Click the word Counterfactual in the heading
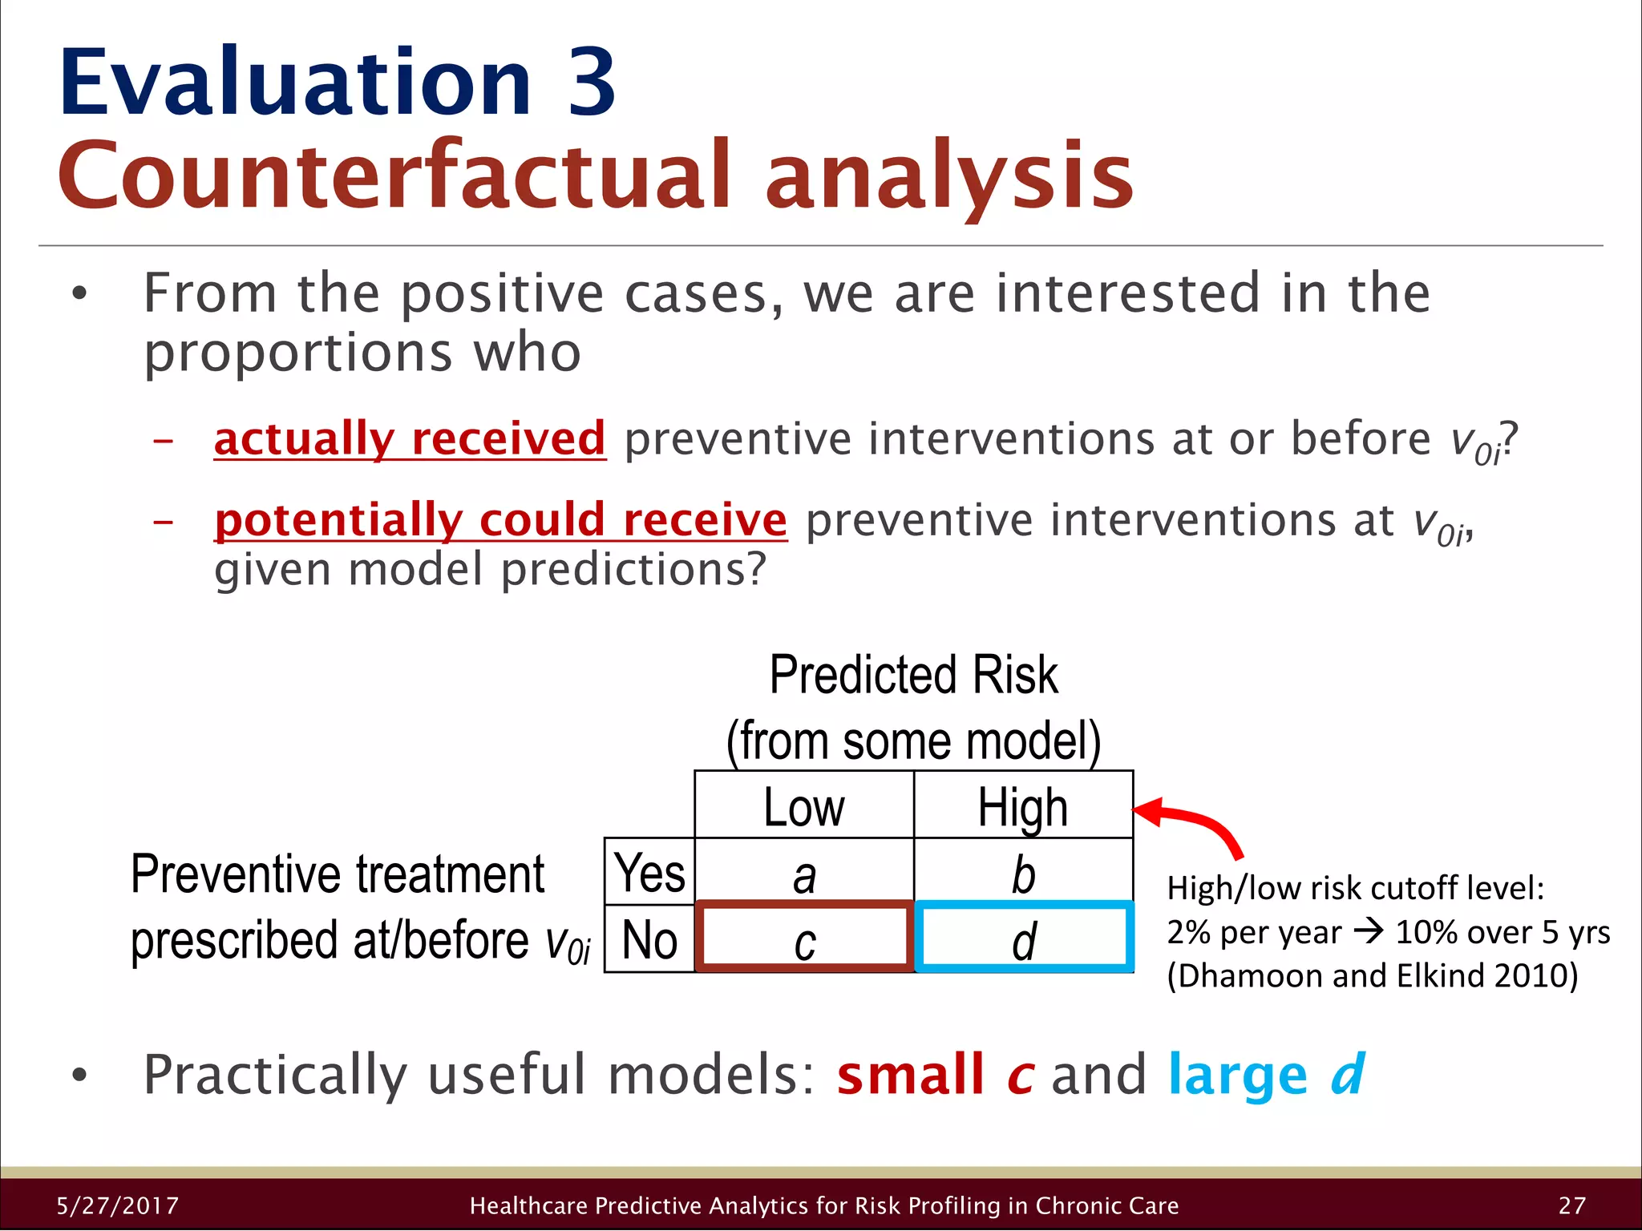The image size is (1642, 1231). pyautogui.click(x=393, y=176)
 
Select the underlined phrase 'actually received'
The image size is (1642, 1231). pyautogui.click(x=409, y=439)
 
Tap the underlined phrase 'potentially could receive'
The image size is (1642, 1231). pyautogui.click(x=500, y=520)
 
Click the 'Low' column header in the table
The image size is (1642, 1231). pyautogui.click(x=803, y=806)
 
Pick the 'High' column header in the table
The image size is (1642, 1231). pyautogui.click(x=1022, y=806)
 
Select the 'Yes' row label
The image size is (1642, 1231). pyautogui.click(x=649, y=872)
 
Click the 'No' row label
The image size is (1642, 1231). pyautogui.click(x=649, y=939)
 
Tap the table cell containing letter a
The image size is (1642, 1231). pyautogui.click(x=803, y=874)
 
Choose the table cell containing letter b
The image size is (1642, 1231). pyautogui.click(x=1022, y=874)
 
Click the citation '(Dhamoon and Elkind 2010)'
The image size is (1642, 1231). pyautogui.click(x=1372, y=976)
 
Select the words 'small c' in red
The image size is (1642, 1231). pyautogui.click(x=935, y=1075)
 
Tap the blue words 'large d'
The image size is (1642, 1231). pyautogui.click(x=1265, y=1075)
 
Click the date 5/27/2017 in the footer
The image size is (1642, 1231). pyautogui.click(x=118, y=1205)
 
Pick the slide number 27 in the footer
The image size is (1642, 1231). pyautogui.click(x=1572, y=1205)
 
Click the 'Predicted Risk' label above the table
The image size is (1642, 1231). pyautogui.click(x=913, y=675)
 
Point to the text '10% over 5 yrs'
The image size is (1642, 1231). pyautogui.click(x=1502, y=932)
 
